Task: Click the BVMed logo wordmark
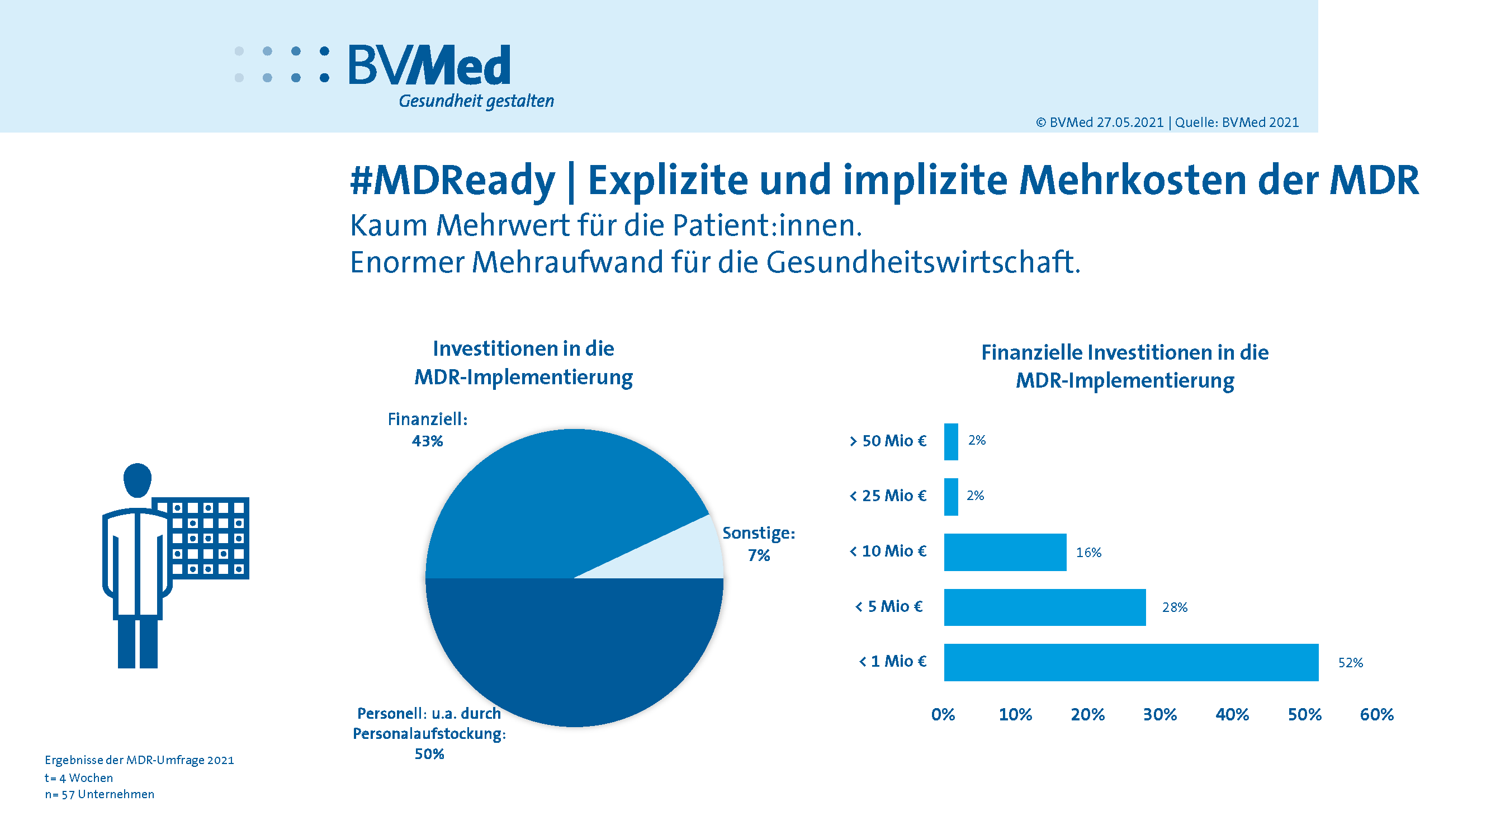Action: (x=429, y=65)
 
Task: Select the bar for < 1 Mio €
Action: (x=1131, y=662)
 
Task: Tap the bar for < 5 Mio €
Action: (x=1045, y=607)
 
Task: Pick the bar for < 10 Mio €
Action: (x=1005, y=552)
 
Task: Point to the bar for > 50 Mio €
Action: (x=951, y=441)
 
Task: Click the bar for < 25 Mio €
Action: (x=951, y=496)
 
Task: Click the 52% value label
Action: (x=1350, y=662)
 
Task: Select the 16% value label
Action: (x=1088, y=553)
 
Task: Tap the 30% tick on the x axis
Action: (x=1160, y=714)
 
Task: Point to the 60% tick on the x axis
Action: (x=1376, y=714)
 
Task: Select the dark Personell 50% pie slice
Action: (x=574, y=648)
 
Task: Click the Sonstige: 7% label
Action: (x=759, y=544)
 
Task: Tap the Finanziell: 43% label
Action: (x=427, y=430)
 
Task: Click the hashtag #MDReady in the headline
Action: (x=452, y=180)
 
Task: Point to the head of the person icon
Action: (x=137, y=480)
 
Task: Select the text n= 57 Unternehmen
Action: (x=100, y=794)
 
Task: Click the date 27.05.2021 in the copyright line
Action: (x=1130, y=122)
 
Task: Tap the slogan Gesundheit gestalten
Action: (x=476, y=101)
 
